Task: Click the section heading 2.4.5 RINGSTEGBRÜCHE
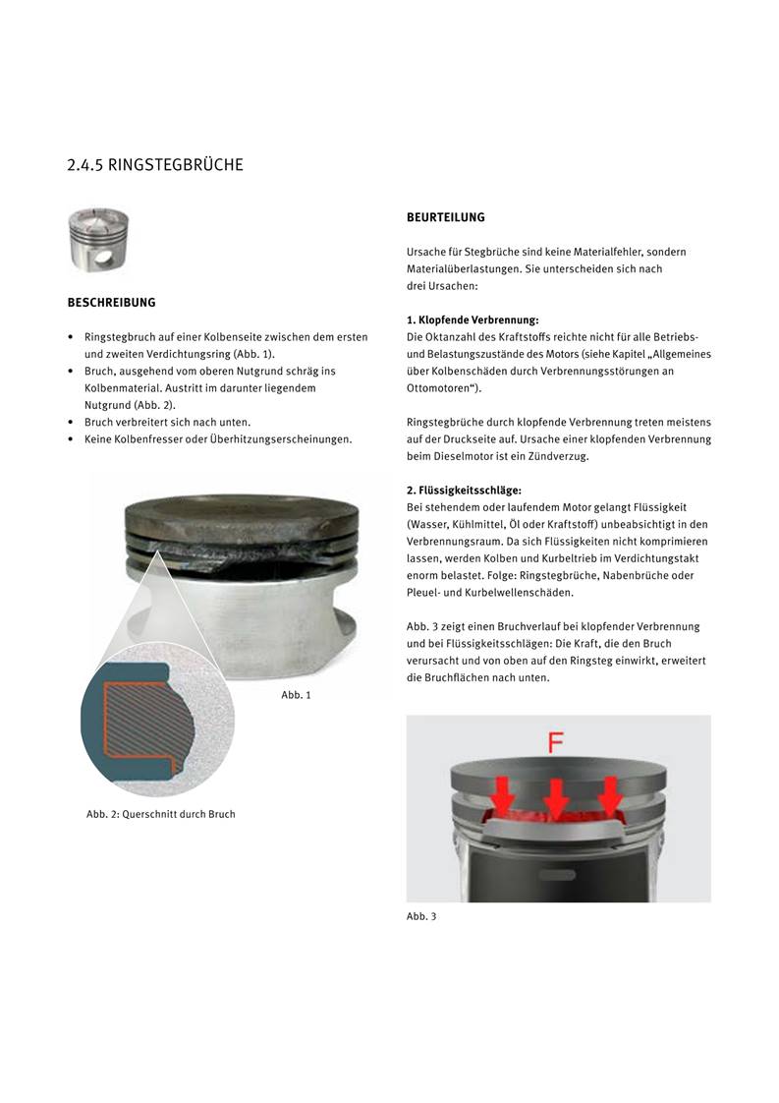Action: click(154, 165)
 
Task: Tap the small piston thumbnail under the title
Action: click(98, 240)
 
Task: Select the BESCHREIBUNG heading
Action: click(111, 303)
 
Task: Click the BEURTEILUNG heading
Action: click(446, 217)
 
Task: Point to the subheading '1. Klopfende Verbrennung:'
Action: click(473, 319)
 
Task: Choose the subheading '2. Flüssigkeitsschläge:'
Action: click(464, 490)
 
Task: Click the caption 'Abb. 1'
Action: click(296, 695)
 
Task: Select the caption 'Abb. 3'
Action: click(421, 916)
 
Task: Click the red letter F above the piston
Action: click(556, 742)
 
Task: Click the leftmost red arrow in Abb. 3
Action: click(500, 790)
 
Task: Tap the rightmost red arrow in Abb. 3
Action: click(611, 790)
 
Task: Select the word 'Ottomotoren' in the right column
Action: click(441, 388)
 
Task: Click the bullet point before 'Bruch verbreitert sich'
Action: click(71, 422)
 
